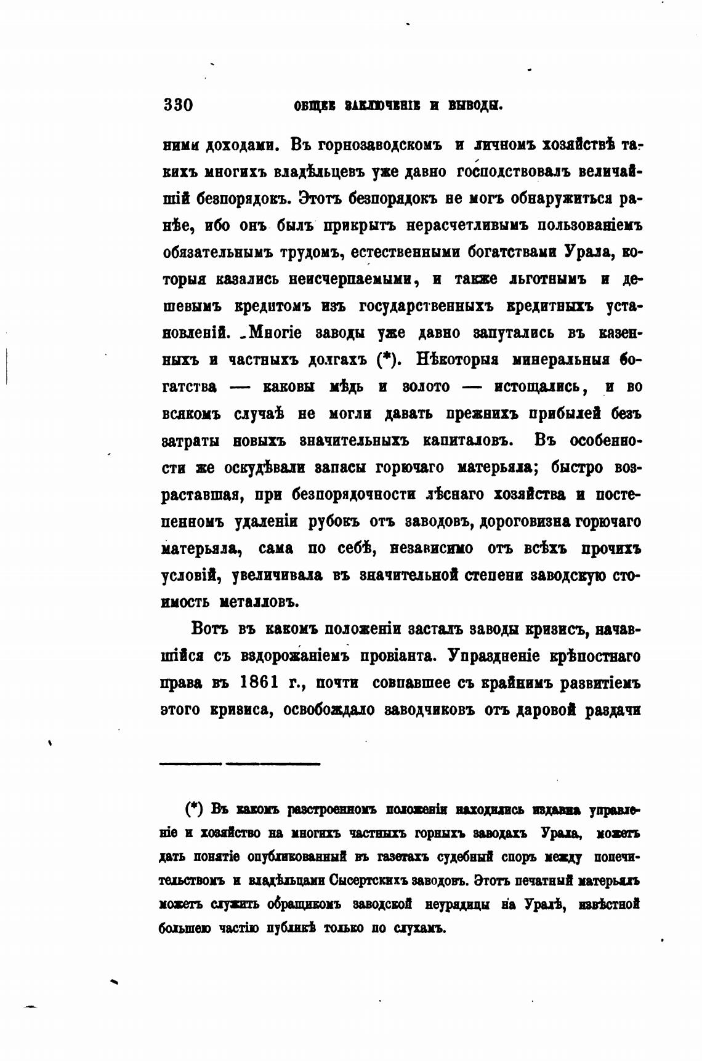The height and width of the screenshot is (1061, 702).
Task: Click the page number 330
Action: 179,105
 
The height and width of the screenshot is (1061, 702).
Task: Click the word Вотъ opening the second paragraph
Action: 210,629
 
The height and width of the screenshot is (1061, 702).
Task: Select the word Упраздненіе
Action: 497,656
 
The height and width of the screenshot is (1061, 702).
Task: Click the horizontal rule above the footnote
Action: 240,764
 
